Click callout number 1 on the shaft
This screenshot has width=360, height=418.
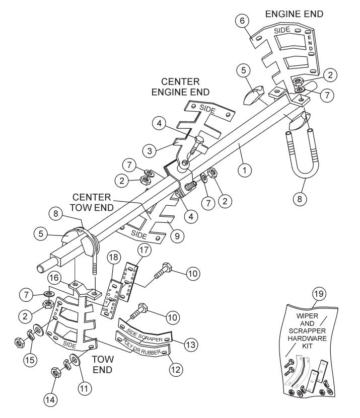pos(245,171)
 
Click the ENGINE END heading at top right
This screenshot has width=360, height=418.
pos(295,14)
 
